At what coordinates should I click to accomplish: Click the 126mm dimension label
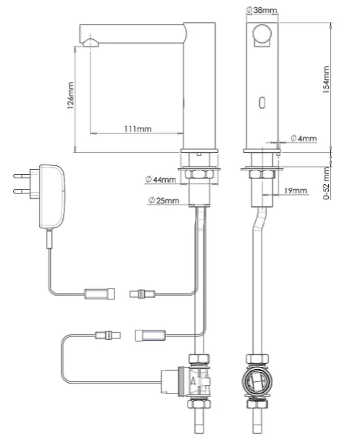pos(71,95)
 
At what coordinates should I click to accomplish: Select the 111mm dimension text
pos(138,129)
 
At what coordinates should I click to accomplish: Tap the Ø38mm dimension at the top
pos(261,10)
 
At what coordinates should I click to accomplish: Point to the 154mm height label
pos(327,80)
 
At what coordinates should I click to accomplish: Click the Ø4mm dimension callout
pos(304,138)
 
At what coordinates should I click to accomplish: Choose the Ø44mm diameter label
pos(161,180)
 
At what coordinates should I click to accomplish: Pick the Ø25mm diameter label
pos(164,200)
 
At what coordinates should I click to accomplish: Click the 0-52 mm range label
pos(327,183)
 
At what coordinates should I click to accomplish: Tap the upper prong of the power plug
pos(22,175)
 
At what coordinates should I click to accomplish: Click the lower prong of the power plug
pos(22,191)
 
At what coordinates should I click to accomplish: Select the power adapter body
pos(52,196)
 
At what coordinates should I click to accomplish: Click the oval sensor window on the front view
pos(262,103)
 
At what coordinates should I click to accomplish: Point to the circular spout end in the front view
pos(262,34)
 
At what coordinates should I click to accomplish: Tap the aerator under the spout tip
pos(91,43)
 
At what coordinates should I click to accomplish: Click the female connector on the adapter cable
pos(100,294)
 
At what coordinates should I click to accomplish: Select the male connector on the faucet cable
pos(143,294)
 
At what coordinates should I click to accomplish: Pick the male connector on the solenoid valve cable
pos(108,335)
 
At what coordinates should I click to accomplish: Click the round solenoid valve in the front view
pos(257,382)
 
